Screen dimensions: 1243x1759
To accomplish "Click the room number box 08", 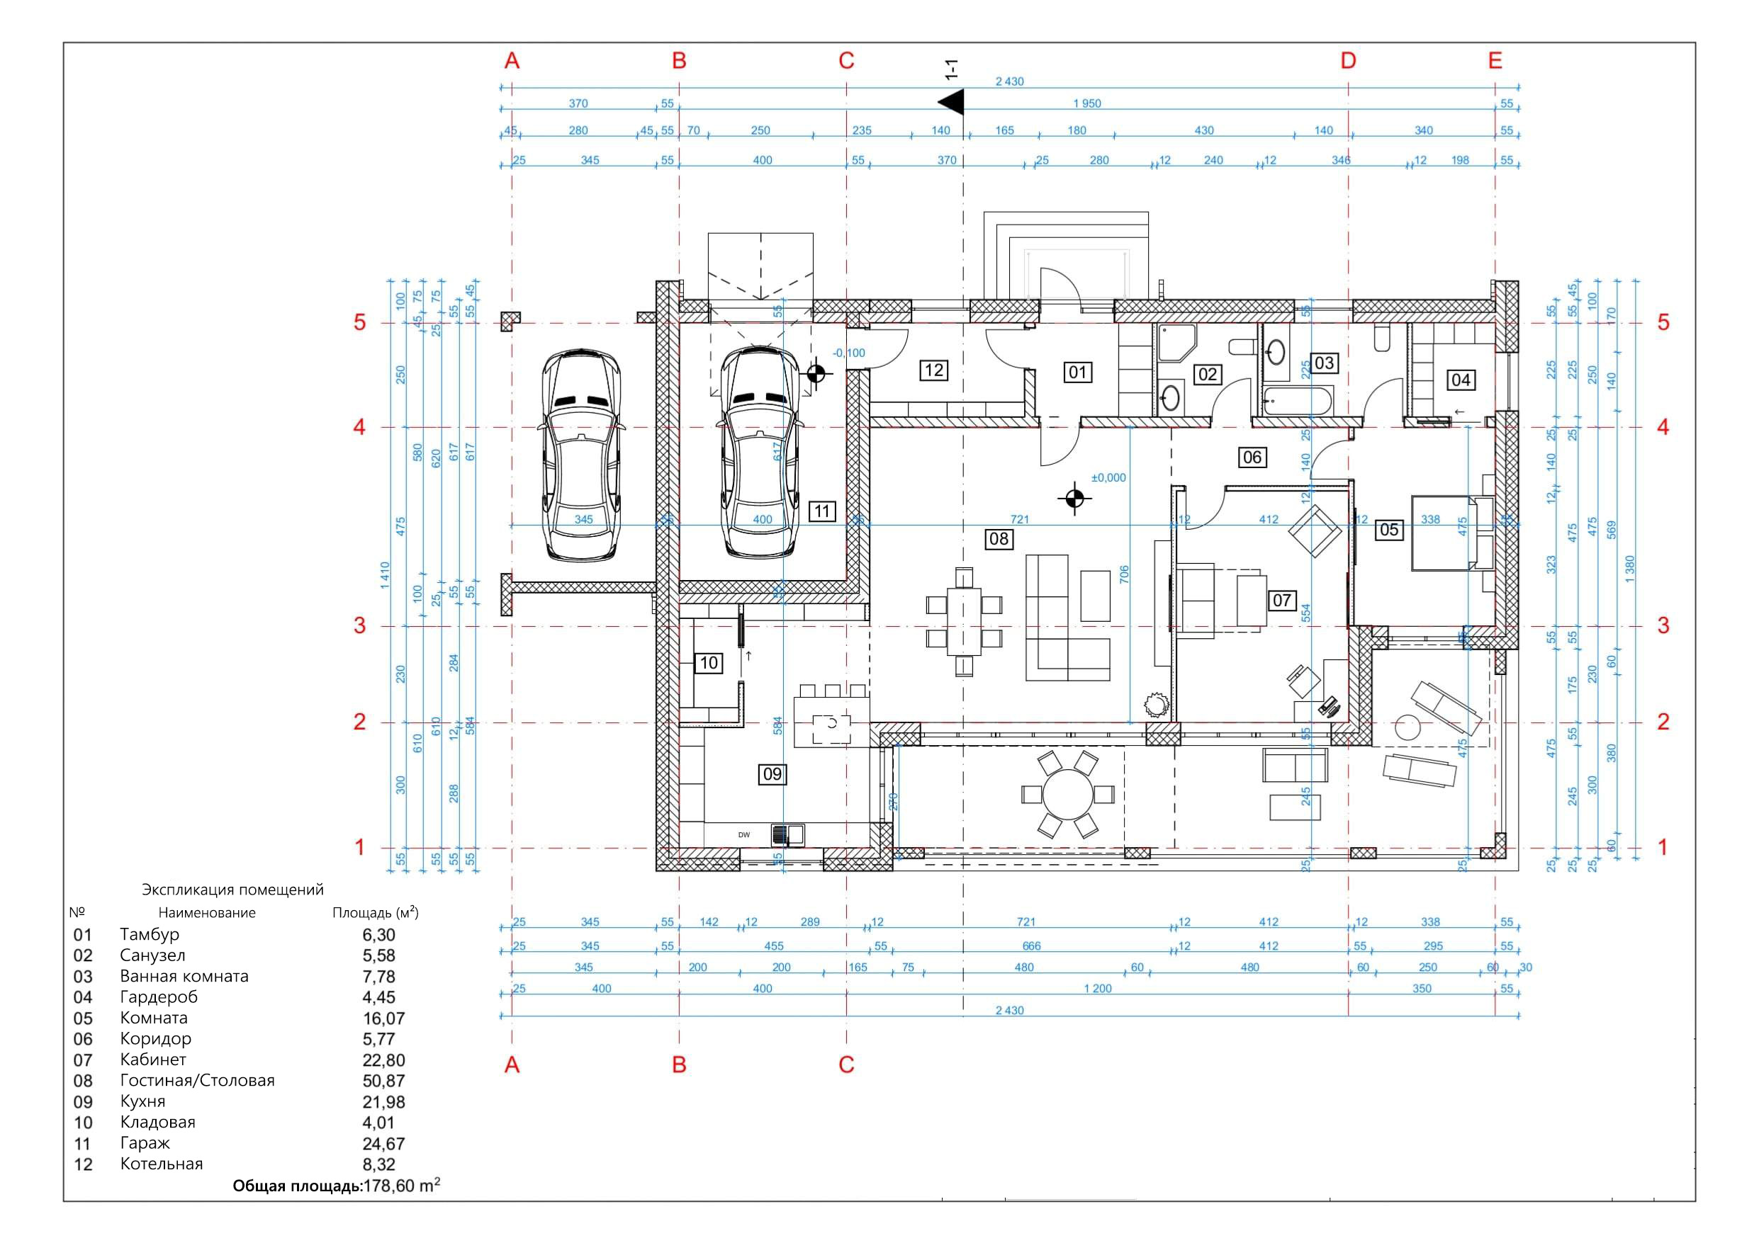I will click(999, 538).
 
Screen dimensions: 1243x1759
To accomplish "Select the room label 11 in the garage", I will click(821, 511).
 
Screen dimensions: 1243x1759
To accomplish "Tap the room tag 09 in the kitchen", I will click(772, 774).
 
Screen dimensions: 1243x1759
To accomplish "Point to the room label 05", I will click(1388, 529).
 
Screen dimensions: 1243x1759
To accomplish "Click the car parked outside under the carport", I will click(581, 455).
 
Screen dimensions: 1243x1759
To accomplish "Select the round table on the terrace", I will click(1067, 793).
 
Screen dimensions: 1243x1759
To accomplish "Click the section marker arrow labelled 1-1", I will click(952, 101).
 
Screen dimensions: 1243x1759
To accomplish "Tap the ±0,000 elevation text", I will click(1108, 478).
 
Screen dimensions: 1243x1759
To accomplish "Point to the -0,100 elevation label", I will click(849, 353).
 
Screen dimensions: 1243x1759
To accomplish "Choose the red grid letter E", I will click(1495, 60).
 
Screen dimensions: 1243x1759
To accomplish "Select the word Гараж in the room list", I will click(145, 1142).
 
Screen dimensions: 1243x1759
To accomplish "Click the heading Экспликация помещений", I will click(232, 890).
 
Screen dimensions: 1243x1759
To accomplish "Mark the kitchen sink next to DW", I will click(787, 834).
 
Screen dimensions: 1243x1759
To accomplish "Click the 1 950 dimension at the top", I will click(1086, 103).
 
